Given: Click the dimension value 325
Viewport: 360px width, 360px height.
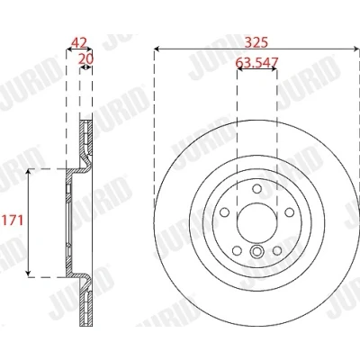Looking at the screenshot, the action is pyautogui.click(x=256, y=42).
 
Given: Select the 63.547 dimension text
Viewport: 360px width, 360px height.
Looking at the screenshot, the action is pyautogui.click(x=256, y=62).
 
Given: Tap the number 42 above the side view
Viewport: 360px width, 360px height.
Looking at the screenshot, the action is pyautogui.click(x=78, y=43).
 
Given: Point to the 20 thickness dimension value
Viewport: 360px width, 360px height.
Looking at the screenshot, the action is pyautogui.click(x=85, y=59).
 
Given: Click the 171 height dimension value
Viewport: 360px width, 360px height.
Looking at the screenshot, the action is pyautogui.click(x=13, y=220).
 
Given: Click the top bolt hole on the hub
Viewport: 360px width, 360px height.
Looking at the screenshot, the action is pyautogui.click(x=256, y=189).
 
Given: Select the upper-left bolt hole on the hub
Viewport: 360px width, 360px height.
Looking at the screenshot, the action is pyautogui.click(x=224, y=212).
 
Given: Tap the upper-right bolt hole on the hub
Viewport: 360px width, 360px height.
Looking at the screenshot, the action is pyautogui.click(x=290, y=212).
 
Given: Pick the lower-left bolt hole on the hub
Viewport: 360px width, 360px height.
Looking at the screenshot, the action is pyautogui.click(x=237, y=251).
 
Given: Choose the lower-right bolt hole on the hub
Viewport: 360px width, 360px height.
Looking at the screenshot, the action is pyautogui.click(x=277, y=251).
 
